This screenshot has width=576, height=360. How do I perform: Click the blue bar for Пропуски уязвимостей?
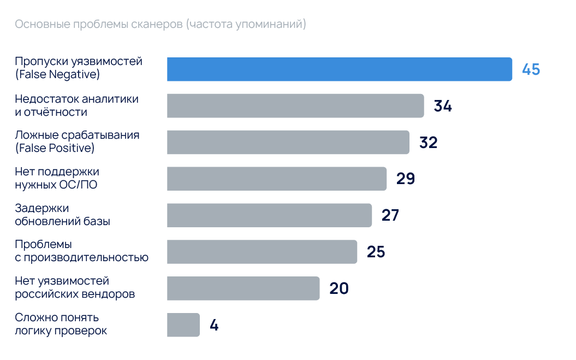[x=339, y=69]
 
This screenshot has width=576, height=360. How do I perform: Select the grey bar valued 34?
[x=295, y=106]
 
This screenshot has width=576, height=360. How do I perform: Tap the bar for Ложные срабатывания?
[x=288, y=142]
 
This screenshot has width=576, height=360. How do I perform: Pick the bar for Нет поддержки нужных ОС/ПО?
[x=276, y=179]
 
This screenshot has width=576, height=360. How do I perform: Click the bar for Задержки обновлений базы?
[x=269, y=215]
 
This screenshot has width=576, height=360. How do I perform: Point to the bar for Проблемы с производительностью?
[x=262, y=252]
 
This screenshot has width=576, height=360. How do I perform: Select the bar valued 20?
[x=243, y=288]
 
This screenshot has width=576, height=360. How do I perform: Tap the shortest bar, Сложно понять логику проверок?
[x=183, y=325]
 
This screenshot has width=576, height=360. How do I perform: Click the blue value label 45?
[x=531, y=70]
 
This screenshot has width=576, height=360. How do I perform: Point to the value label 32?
[x=429, y=143]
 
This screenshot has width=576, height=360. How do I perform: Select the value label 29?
[x=406, y=179]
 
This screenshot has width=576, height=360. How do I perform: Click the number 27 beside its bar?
[x=390, y=215]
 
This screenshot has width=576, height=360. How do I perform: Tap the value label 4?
[x=214, y=326]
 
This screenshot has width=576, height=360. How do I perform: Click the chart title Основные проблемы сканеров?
[x=160, y=25]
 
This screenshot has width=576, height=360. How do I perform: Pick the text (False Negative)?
[x=57, y=75]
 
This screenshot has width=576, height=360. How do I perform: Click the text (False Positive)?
[x=55, y=148]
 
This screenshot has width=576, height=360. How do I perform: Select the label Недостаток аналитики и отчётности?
[x=76, y=105]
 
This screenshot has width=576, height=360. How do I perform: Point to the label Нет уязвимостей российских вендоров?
[x=75, y=288]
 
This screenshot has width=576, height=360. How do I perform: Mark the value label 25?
[x=376, y=252]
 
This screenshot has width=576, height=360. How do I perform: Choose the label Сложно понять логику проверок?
[x=61, y=324]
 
